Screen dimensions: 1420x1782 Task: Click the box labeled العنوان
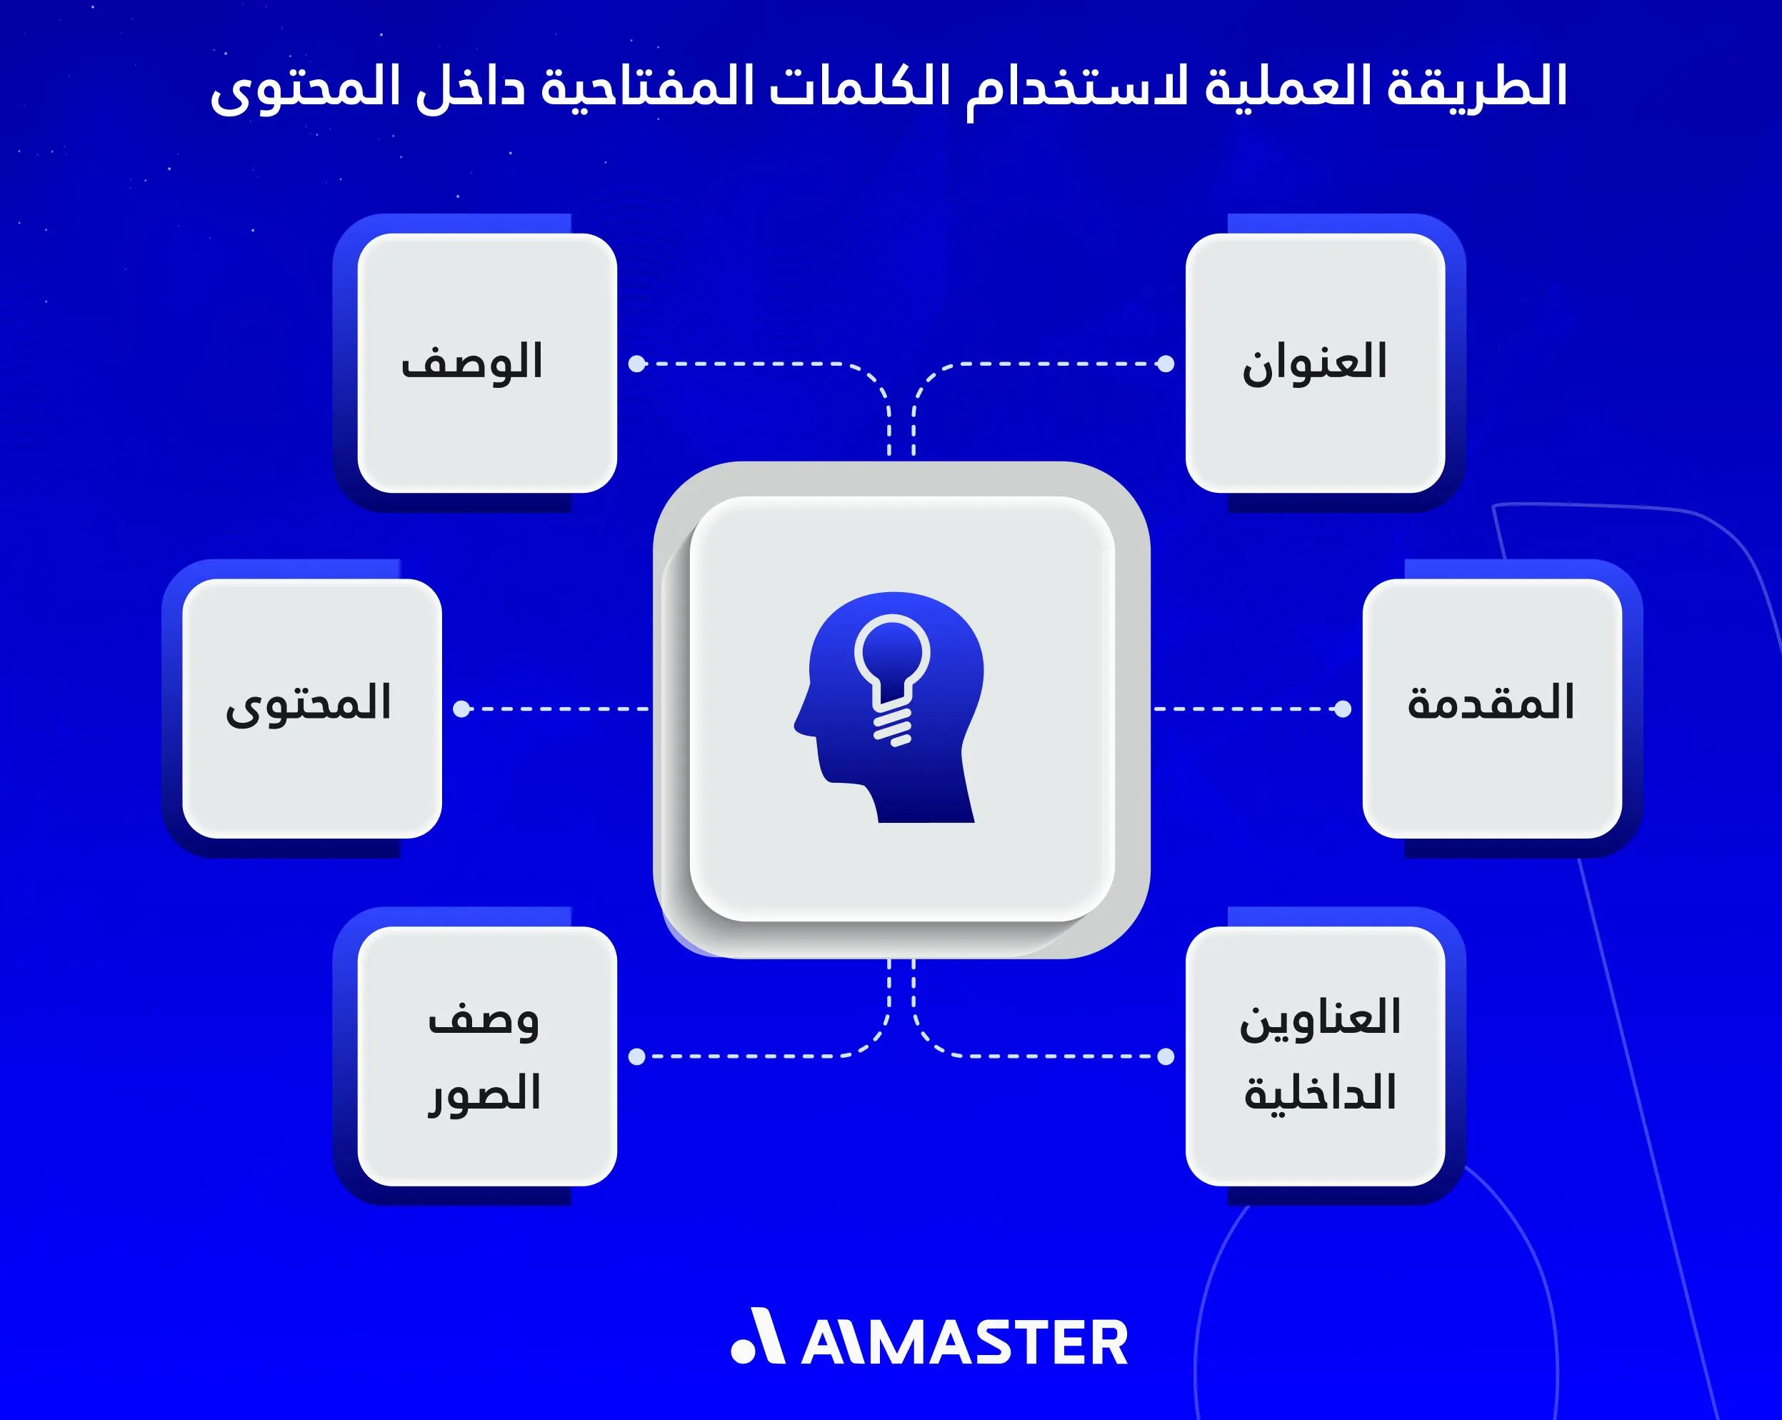1315,363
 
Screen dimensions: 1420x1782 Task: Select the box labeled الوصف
487,363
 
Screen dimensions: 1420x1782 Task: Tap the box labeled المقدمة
1492,709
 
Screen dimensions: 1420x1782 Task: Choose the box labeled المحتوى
311,709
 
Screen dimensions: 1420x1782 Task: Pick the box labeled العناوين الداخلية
1315,1056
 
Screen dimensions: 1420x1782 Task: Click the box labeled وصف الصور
487,1056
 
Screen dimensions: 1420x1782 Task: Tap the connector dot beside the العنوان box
1166,364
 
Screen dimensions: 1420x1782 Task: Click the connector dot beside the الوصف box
636,364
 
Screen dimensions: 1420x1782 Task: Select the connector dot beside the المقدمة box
1343,709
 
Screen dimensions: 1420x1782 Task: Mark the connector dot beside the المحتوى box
461,709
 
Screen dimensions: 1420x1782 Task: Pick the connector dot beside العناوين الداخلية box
1166,1056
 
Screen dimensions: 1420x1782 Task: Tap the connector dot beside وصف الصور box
636,1056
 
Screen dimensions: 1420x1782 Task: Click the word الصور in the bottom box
485,1094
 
